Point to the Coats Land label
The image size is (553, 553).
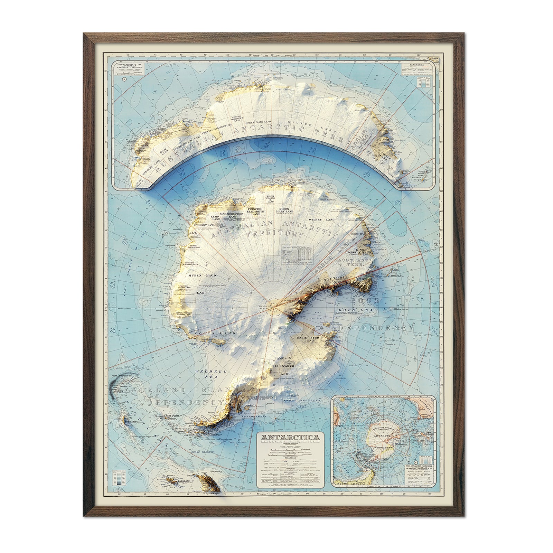215,334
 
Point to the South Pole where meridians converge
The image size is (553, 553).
274,305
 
